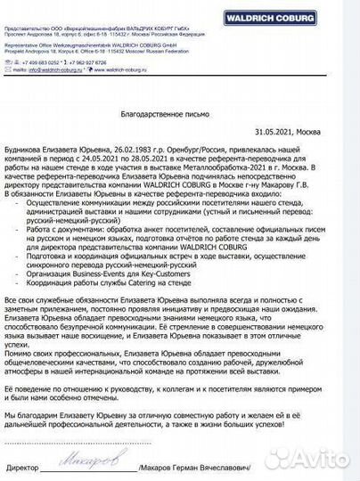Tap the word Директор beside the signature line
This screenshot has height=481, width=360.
tap(23, 467)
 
